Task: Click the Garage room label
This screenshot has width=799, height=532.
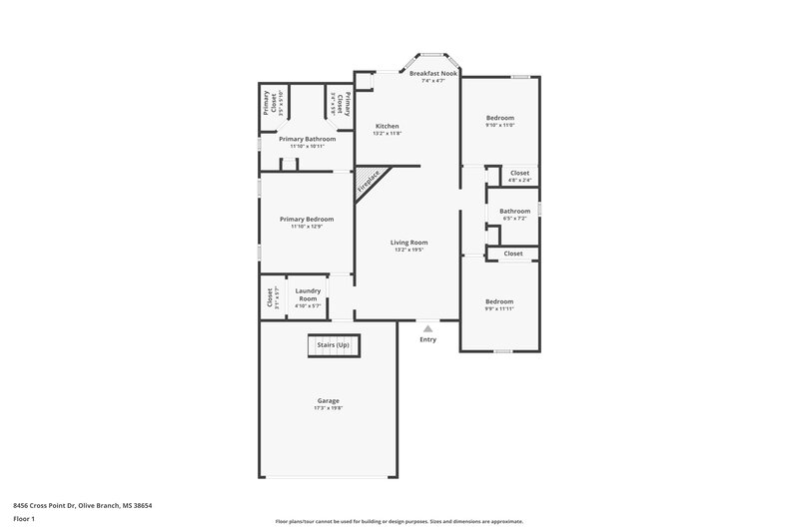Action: coord(328,400)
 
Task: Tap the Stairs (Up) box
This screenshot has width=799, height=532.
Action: coord(333,345)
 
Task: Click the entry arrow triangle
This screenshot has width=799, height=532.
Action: coord(427,327)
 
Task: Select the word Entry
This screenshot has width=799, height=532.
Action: coord(427,339)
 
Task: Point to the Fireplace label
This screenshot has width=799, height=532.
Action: coord(368,183)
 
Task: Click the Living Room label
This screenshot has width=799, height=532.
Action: coord(408,242)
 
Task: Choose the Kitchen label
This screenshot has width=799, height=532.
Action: coord(387,126)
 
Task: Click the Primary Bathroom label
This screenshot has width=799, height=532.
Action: coord(307,139)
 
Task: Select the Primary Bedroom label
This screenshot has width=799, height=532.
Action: coord(307,219)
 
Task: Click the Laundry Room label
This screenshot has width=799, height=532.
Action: coord(307,295)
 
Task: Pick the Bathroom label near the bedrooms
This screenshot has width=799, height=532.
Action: coord(514,211)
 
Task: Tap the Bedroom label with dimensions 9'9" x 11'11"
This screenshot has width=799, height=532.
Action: coord(498,301)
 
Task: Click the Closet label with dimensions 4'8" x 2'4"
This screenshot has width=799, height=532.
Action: coord(519,173)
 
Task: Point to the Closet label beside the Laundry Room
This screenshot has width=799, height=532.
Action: coord(270,297)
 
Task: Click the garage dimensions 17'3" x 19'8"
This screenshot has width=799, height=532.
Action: coord(328,409)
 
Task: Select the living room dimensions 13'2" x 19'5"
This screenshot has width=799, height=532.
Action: coord(408,250)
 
